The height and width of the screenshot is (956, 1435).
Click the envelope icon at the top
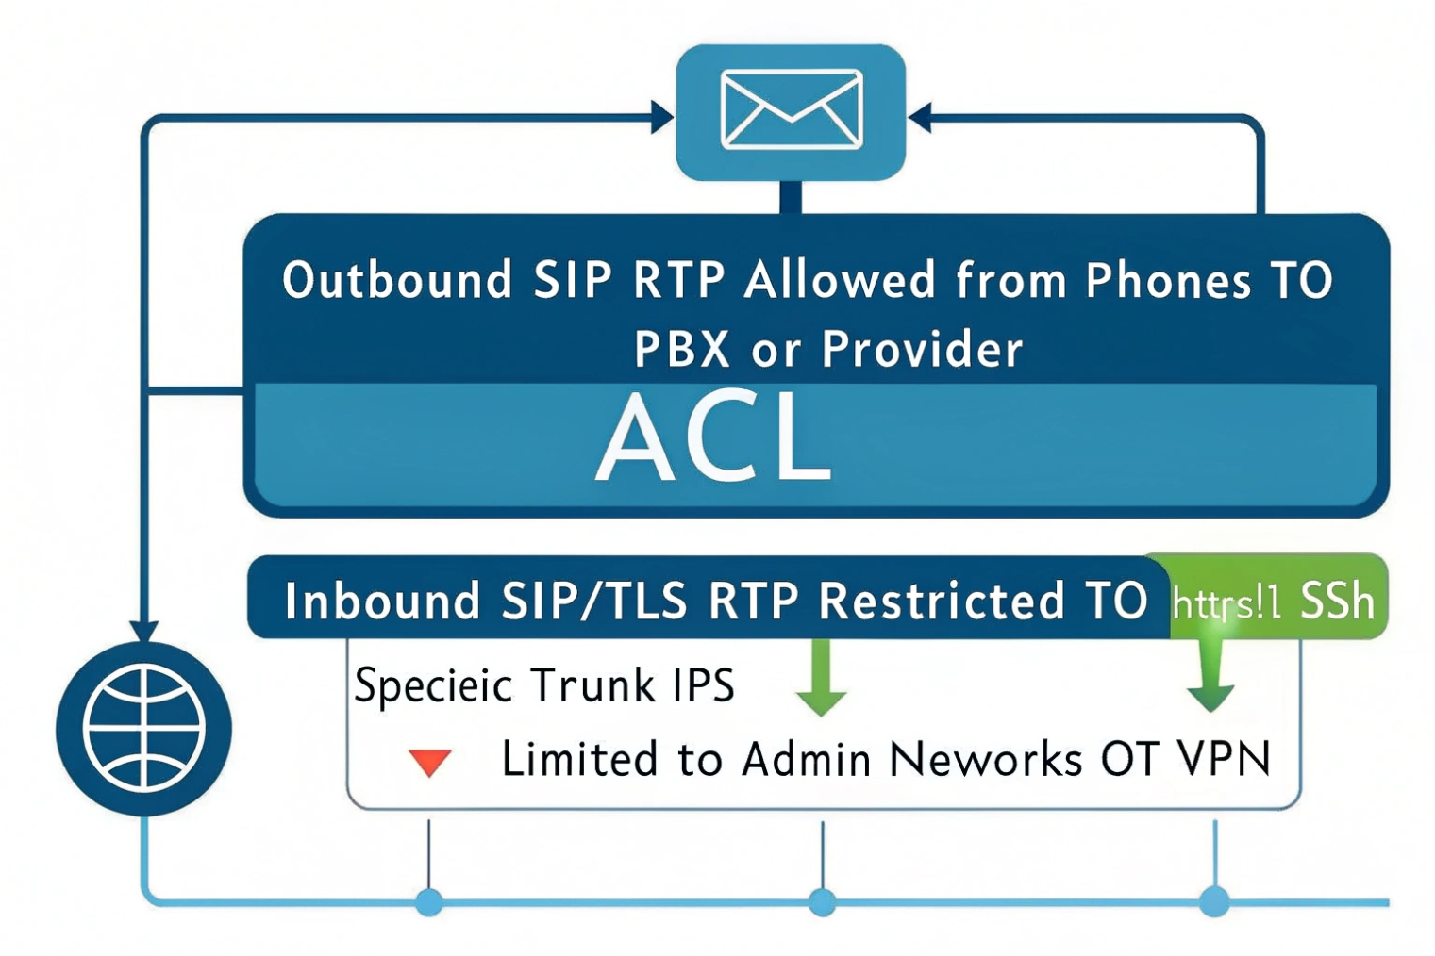(791, 110)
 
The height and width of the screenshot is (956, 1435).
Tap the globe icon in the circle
(143, 727)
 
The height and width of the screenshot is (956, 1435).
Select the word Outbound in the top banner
(397, 280)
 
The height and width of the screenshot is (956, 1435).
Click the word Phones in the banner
(1168, 280)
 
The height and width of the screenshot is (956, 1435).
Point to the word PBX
(681, 349)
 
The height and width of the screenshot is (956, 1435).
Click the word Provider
(922, 349)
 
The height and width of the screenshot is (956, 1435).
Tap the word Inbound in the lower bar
(382, 600)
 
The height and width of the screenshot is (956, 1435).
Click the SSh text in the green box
(1337, 600)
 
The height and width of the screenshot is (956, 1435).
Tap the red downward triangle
(429, 762)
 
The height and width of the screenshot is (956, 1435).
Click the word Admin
(805, 758)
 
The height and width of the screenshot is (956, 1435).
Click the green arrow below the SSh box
(1210, 679)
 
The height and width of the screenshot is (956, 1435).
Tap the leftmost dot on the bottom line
(429, 901)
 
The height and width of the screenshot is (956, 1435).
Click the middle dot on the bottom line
(822, 901)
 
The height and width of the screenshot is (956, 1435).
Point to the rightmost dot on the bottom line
(1214, 901)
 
